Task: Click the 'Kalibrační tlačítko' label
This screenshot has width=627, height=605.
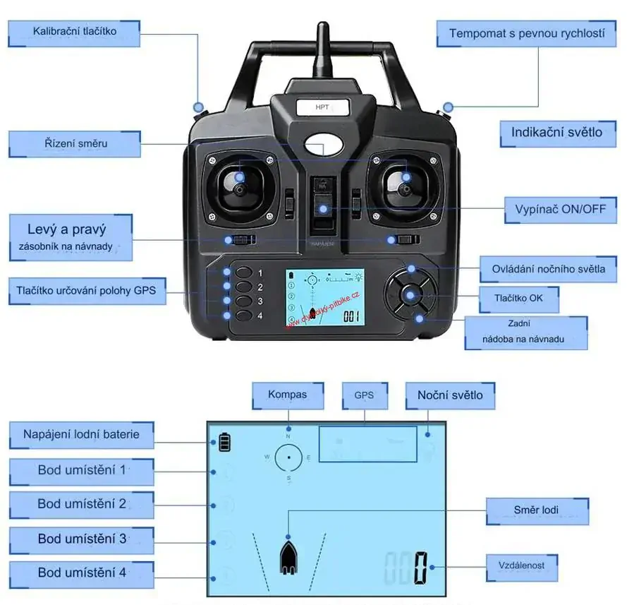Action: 74,32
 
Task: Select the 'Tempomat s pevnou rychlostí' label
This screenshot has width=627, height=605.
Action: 527,34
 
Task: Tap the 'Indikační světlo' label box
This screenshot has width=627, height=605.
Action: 556,132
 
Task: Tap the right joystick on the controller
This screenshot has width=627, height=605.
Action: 405,186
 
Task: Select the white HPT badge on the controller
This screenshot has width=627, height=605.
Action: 322,107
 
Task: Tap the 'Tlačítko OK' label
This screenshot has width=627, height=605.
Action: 520,298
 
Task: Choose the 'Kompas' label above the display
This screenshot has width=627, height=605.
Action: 288,395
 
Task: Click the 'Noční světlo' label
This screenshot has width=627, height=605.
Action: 450,395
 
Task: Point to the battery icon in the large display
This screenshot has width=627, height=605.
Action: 224,443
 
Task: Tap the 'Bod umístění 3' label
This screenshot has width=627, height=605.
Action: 82,539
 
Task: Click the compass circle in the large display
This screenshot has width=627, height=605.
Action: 288,458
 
